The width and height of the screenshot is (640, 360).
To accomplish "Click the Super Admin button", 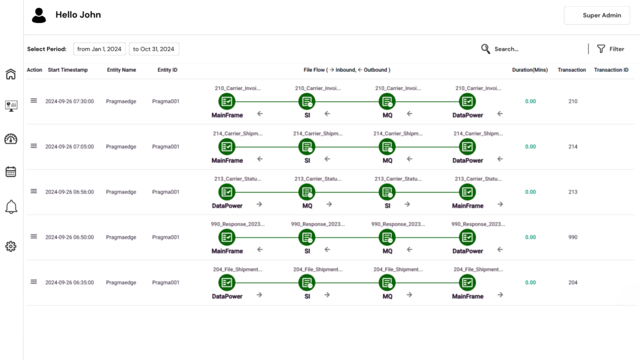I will [596, 16].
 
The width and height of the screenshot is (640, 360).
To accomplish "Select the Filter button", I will [610, 49].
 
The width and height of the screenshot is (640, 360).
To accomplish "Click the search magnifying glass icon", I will [486, 49].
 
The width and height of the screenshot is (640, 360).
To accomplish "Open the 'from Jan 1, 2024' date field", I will [99, 49].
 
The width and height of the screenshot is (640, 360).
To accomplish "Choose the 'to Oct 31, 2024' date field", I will [154, 49].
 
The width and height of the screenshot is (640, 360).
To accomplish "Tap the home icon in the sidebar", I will [11, 74].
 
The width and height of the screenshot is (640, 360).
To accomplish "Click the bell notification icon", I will [11, 207].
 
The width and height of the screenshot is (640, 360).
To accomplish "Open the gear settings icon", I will [11, 246].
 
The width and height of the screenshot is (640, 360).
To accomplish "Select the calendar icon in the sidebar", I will [11, 172].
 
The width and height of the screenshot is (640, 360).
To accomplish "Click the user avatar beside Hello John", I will [39, 16].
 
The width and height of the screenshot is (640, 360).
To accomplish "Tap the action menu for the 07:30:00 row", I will [34, 101].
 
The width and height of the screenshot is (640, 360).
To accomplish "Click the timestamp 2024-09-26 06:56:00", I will [69, 192].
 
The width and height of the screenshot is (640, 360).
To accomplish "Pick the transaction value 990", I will [573, 237].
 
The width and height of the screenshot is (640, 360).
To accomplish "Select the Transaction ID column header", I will [611, 70].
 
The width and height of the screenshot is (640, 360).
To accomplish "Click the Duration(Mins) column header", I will [530, 70].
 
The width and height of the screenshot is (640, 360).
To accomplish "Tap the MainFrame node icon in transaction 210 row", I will [227, 101].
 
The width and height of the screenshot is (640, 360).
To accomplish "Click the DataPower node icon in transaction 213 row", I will [227, 192].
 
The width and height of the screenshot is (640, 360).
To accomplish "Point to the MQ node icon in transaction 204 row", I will [387, 282].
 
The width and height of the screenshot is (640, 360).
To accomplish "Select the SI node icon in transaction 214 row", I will [307, 147].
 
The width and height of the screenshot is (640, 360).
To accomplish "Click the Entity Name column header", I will [121, 70].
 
